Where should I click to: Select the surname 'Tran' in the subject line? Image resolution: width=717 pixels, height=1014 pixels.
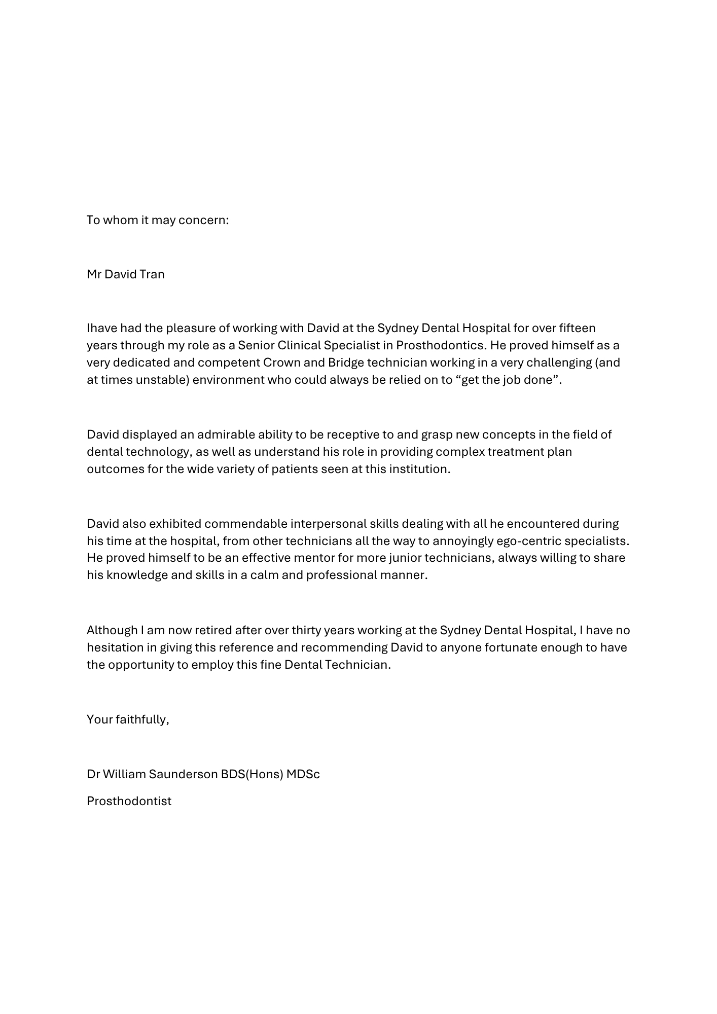(x=152, y=274)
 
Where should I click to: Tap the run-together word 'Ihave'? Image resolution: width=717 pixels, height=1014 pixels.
(x=102, y=328)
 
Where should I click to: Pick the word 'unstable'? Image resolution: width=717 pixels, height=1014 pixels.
(x=162, y=380)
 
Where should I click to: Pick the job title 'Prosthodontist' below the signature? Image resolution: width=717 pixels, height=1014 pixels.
(x=129, y=801)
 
